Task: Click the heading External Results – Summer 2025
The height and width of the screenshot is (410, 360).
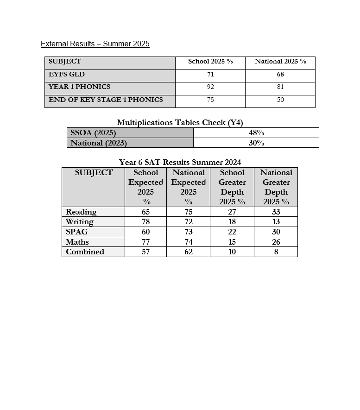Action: (95, 44)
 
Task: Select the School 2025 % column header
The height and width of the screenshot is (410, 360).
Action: (210, 62)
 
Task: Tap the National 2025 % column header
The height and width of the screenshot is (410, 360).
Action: (280, 62)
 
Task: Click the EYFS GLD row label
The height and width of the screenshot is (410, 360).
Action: (67, 74)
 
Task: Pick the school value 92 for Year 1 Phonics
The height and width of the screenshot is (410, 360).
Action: (210, 87)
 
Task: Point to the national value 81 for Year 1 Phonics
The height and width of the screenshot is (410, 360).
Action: (280, 87)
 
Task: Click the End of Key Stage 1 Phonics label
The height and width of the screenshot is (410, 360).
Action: (106, 100)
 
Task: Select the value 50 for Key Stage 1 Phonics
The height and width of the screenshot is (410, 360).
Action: (280, 100)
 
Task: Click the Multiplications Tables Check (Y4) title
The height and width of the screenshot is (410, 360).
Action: (180, 122)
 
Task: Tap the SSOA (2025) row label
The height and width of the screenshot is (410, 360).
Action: (93, 133)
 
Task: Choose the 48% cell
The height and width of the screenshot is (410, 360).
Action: (256, 133)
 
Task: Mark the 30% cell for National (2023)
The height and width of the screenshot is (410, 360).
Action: (256, 143)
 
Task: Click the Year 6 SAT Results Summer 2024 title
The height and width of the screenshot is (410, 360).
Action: (180, 162)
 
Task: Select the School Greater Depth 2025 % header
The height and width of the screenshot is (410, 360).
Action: (232, 187)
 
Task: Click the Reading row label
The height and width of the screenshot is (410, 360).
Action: (81, 212)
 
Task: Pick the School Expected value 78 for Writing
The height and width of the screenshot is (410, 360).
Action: (145, 222)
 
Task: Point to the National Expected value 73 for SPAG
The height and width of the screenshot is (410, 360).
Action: (188, 232)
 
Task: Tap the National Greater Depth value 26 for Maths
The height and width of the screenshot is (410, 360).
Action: (276, 242)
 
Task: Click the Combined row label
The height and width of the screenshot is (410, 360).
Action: (85, 252)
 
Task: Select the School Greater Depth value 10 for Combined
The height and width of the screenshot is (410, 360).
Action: (232, 252)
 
